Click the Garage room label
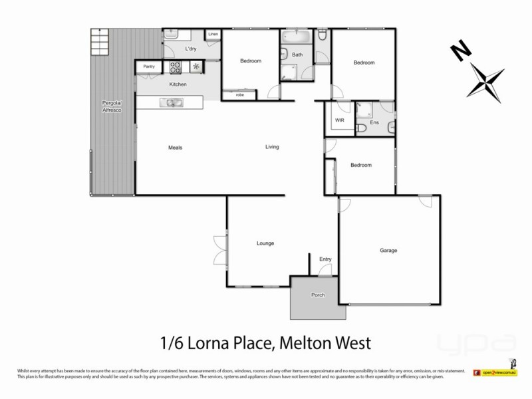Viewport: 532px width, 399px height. pos(388,251)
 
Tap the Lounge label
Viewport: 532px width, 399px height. pos(265,243)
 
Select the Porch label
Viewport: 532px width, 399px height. pos(318,295)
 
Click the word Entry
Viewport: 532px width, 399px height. pos(325,259)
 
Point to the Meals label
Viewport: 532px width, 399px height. pos(176,148)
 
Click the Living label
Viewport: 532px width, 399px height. pos(272,147)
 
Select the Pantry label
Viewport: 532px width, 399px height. pos(149,66)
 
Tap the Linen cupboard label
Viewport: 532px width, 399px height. pos(213,35)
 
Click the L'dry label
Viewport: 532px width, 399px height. pos(190,50)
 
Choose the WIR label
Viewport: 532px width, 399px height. pos(339,120)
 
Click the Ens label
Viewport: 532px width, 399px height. pos(374,122)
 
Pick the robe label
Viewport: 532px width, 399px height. pos(239,95)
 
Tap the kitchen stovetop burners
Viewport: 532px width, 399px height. pos(176,66)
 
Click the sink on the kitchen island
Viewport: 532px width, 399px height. pos(172,102)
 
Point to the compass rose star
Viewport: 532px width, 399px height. pos(486,80)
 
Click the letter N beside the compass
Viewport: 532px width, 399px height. pos(457,50)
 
